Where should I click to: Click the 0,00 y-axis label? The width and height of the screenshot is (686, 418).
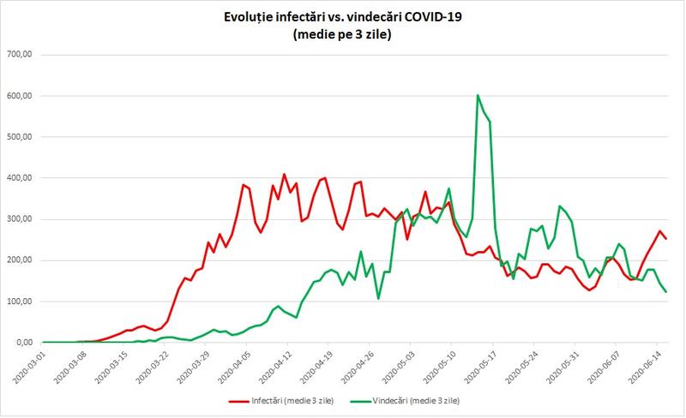21,343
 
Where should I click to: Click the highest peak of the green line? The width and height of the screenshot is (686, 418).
478,95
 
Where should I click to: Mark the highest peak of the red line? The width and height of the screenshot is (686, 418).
285,175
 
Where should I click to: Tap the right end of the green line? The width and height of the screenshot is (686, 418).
667,292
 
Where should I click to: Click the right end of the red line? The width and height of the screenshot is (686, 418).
667,238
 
